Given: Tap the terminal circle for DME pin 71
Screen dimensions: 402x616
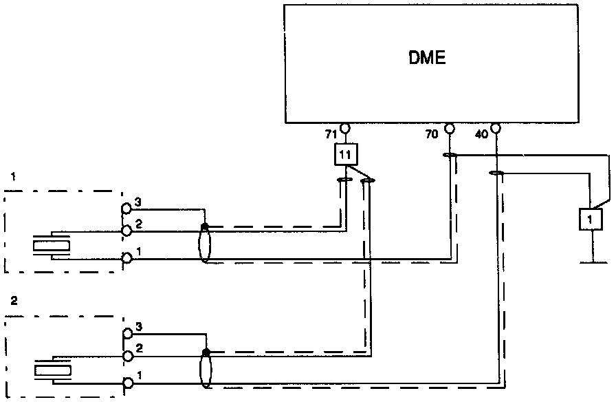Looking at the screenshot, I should (x=344, y=128).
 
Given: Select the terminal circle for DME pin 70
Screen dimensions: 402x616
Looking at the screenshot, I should (x=449, y=128).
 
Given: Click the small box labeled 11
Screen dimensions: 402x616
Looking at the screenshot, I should (x=344, y=155).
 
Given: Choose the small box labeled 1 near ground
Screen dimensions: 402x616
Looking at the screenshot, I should (x=590, y=219).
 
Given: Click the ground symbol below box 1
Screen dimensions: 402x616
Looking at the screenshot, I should (x=590, y=262).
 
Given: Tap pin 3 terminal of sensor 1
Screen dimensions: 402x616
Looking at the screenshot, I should (x=126, y=208).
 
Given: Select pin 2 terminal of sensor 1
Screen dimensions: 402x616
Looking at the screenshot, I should (x=126, y=230).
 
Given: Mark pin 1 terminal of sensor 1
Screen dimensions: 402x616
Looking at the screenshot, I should (x=126, y=259).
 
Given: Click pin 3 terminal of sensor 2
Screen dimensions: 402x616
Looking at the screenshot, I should (x=126, y=334).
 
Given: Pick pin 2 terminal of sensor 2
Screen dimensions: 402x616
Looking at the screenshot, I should (x=126, y=356).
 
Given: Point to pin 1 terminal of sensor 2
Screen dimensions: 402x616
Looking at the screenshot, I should (x=126, y=383).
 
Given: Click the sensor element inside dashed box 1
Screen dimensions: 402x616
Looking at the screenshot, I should (x=52, y=245).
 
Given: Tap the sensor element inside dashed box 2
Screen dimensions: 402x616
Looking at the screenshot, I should (x=52, y=370).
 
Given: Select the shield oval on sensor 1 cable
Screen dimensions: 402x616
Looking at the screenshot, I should (x=204, y=245).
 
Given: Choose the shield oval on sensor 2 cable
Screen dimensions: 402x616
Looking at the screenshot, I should (x=205, y=369).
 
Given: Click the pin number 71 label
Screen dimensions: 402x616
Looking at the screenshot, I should (x=330, y=134).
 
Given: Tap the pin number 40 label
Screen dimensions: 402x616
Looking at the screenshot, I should (x=481, y=135).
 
